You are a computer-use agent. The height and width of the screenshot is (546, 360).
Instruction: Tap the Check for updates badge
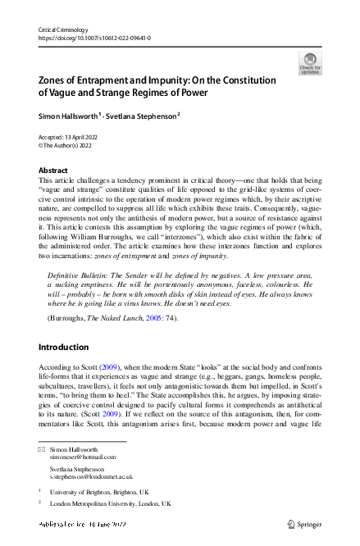(x=310, y=63)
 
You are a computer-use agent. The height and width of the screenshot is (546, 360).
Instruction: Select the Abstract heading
(x=53, y=170)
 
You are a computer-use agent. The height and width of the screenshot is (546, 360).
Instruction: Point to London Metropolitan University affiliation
(x=111, y=503)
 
